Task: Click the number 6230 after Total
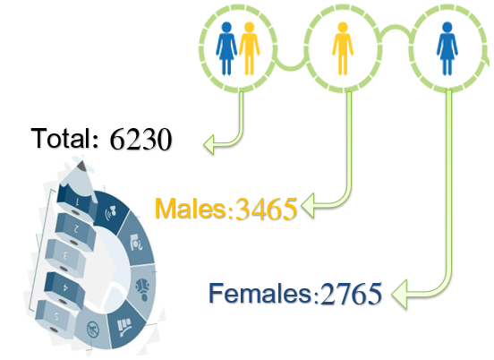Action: [x=141, y=139]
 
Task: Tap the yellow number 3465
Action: [x=266, y=209]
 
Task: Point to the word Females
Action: [x=260, y=293]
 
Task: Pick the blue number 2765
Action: [x=351, y=294]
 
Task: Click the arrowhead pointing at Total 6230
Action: [x=209, y=144]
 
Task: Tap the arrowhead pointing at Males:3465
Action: [x=308, y=205]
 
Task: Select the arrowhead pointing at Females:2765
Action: [x=399, y=294]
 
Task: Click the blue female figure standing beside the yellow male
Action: [x=226, y=48]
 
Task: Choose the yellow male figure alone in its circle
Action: [x=343, y=48]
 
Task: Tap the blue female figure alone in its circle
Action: [x=447, y=48]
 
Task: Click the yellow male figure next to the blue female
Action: [x=249, y=48]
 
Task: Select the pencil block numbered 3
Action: [x=64, y=256]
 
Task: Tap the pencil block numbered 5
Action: [x=56, y=317]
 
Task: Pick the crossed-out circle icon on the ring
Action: [x=93, y=330]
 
